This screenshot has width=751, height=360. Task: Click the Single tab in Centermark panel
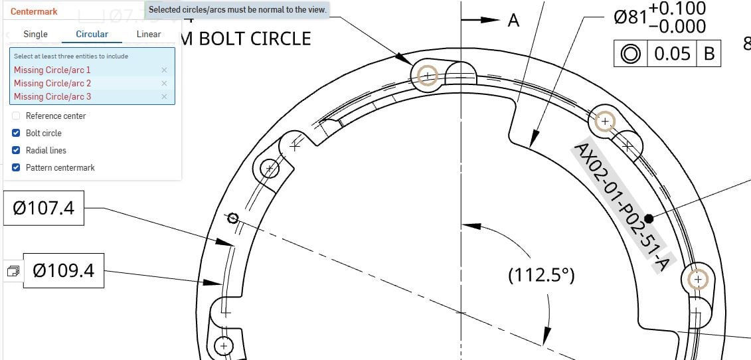[x=35, y=34]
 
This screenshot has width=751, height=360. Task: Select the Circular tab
[x=92, y=34]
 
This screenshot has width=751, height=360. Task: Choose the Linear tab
[x=149, y=34]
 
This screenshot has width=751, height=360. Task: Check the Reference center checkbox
[x=17, y=116]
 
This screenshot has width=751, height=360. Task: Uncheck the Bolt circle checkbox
[x=17, y=133]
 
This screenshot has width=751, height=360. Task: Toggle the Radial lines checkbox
[x=17, y=150]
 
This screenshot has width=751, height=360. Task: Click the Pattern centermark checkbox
[x=17, y=167]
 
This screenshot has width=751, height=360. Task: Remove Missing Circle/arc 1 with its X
[x=164, y=70]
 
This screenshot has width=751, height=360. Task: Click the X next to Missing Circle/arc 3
[x=164, y=96]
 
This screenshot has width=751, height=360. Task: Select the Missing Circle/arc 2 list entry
[x=52, y=83]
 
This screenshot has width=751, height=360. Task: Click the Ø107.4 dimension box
[x=44, y=209]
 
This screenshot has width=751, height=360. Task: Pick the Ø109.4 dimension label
[x=63, y=270]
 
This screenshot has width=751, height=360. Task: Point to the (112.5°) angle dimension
[x=541, y=275]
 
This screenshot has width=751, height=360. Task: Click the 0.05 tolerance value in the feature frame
[x=672, y=54]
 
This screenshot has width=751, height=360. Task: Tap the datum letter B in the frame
[x=709, y=54]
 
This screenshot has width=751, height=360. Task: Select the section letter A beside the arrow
[x=513, y=21]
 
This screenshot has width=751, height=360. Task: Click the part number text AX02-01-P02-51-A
[x=620, y=207]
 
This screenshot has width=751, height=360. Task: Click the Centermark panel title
[x=34, y=11]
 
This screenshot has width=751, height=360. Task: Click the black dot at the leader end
[x=649, y=218]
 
